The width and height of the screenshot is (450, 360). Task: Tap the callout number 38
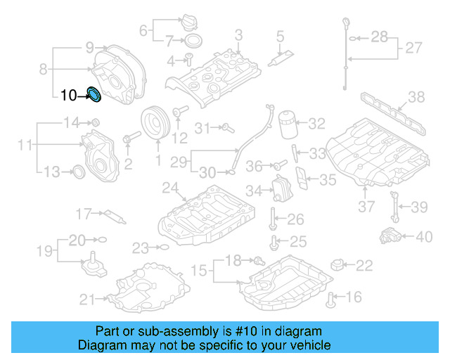point(416,98)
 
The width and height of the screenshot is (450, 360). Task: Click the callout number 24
point(169,187)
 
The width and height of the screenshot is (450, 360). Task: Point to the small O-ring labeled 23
point(164,247)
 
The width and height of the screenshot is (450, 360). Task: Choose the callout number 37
point(366,207)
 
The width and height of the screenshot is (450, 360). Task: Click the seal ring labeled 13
point(79,171)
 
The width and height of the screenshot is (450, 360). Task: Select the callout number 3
point(238,34)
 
